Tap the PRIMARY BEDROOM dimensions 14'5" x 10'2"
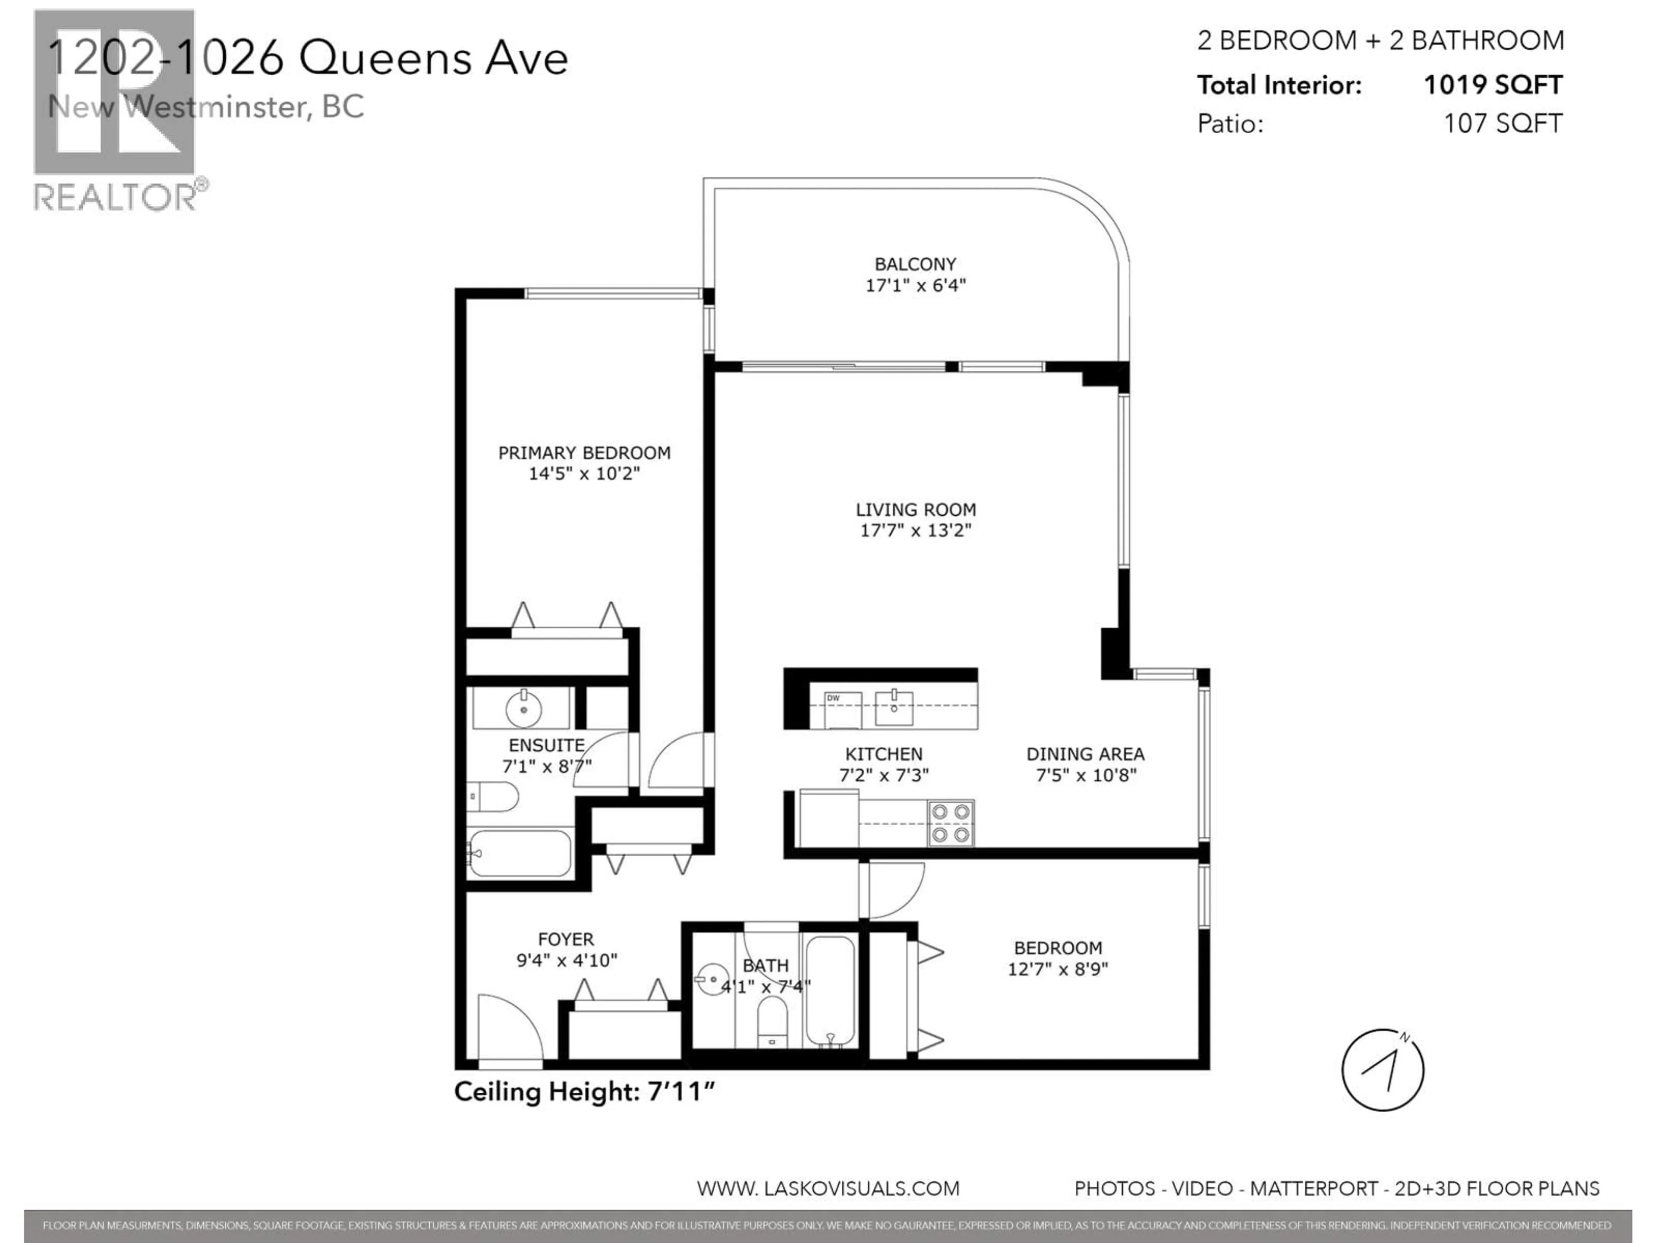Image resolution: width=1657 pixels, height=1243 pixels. tap(584, 473)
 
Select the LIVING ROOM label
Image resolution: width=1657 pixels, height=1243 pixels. tap(915, 509)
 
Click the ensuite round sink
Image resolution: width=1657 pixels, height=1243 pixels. tap(523, 707)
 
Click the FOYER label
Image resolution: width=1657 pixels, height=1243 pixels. tap(566, 939)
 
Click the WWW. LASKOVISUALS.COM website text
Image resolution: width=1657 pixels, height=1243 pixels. tap(828, 1188)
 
